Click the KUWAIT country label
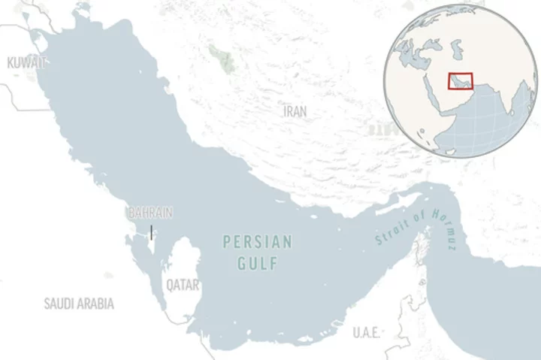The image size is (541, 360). tap(26, 63)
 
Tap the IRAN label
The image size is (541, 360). tap(295, 111)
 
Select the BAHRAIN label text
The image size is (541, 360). tap(150, 213)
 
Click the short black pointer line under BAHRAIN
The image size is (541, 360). tap(151, 232)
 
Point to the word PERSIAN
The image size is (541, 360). tap(257, 243)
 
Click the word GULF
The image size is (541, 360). tap(257, 264)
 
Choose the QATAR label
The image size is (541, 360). tap(183, 286)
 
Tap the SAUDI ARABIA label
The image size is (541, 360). tap(79, 304)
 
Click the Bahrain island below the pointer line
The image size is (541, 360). tap(150, 245)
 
